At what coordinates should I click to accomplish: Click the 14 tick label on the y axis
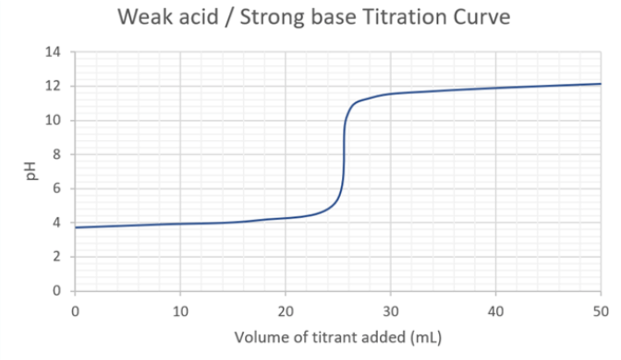point(53,52)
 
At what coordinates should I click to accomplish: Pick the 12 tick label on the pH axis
point(53,86)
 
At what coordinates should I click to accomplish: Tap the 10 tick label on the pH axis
point(53,120)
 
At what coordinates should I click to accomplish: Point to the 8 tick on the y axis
point(56,155)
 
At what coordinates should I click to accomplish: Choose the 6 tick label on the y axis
point(56,189)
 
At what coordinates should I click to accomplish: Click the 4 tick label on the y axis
point(56,223)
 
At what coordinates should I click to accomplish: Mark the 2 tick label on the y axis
point(56,257)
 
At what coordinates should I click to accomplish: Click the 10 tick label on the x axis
point(180,311)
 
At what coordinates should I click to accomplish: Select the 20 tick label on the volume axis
point(285,311)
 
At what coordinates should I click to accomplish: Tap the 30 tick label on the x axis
point(390,311)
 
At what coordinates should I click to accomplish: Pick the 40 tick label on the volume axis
point(495,311)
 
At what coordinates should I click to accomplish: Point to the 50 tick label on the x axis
point(600,311)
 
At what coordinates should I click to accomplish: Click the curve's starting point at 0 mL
point(75,227)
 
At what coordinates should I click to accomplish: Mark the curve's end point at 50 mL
point(600,84)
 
